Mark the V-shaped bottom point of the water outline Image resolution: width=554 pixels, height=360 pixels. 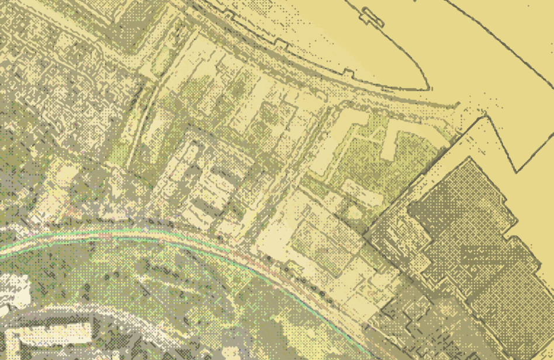coord(515,172)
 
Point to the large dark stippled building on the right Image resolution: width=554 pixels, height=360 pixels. coord(468,245)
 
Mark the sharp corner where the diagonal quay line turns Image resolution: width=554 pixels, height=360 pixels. coord(485,117)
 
